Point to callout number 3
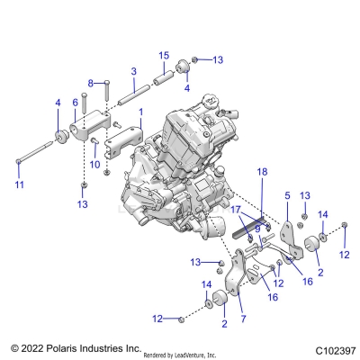[x=133, y=71]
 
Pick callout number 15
[x=163, y=56]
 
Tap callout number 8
[x=91, y=83]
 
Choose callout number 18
[x=262, y=171]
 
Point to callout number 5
[x=287, y=193]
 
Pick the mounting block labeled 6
[x=87, y=131]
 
